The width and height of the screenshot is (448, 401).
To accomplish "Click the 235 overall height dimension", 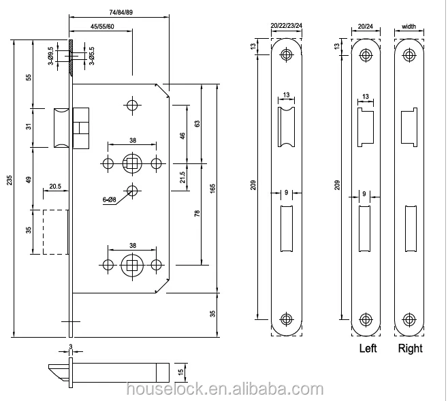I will pos(9,180).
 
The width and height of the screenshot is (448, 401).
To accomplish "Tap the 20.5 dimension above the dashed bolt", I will pos(55,187).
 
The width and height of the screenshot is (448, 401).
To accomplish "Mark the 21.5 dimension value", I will pos(182,177).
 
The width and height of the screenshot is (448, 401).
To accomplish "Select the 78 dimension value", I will pos(197,213).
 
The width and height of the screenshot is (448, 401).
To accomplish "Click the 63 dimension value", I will pos(197,124).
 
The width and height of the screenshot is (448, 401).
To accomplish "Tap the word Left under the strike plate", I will pos(368,349).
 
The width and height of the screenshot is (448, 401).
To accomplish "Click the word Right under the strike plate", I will pos(410,349).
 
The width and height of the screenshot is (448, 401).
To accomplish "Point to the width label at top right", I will pos(409,27).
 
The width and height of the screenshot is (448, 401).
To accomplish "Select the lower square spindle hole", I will pos(131,264).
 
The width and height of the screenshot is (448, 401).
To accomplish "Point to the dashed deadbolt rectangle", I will pos(55,231).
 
